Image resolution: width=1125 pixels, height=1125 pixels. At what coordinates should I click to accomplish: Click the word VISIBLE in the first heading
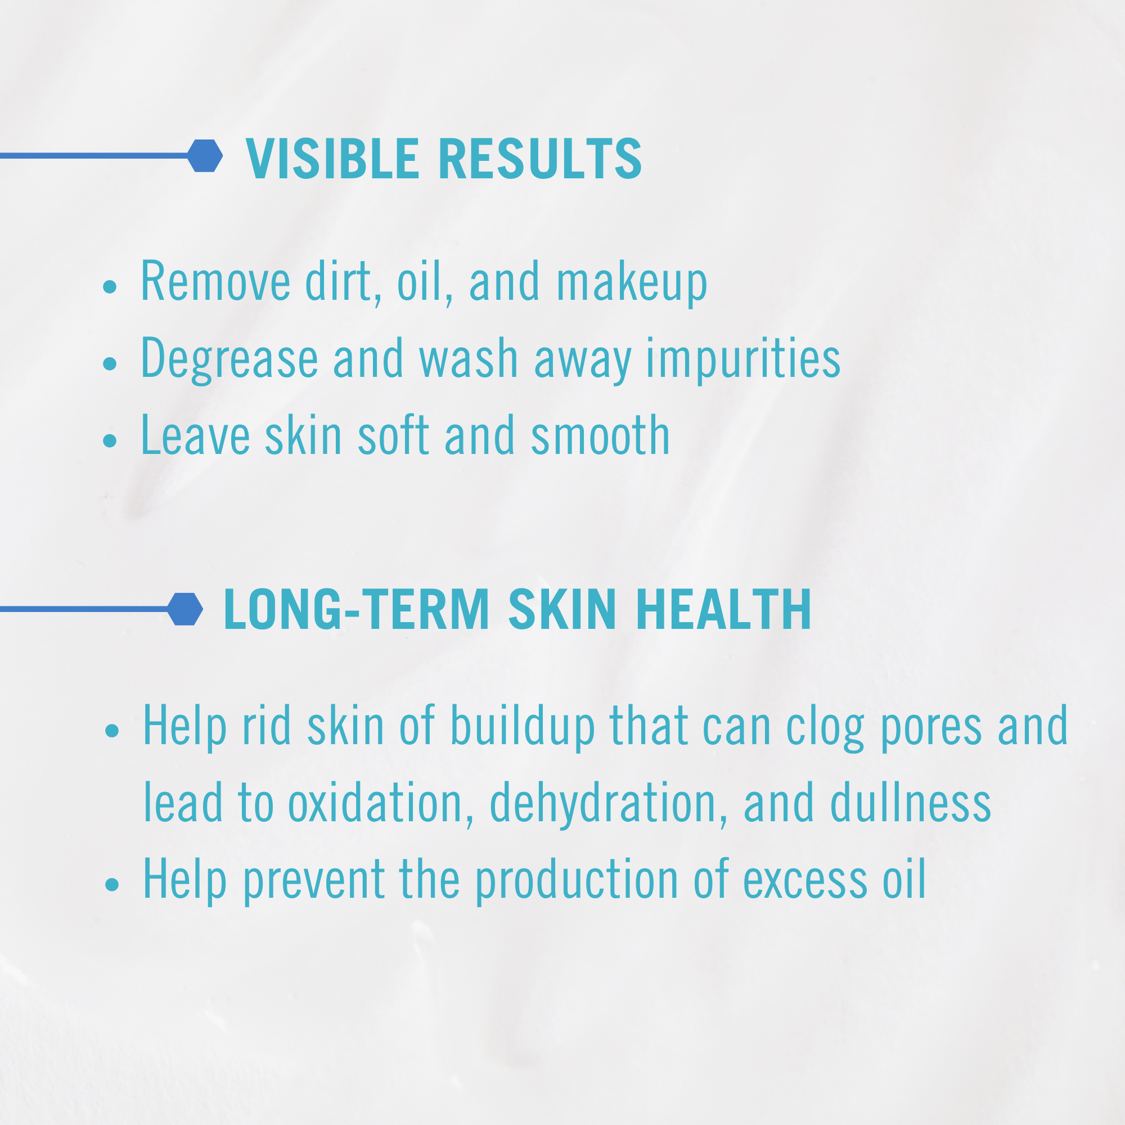pyautogui.click(x=332, y=159)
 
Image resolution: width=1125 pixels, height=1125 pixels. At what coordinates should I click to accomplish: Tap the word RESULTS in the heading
pyautogui.click(x=540, y=159)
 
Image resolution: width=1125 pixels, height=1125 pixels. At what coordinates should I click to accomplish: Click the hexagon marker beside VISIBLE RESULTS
pyautogui.click(x=205, y=155)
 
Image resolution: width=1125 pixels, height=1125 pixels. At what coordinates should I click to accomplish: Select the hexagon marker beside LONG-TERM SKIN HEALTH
pyautogui.click(x=185, y=609)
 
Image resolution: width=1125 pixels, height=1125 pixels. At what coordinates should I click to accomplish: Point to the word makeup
pyautogui.click(x=632, y=283)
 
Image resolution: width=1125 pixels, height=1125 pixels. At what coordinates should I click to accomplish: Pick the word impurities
pyautogui.click(x=743, y=359)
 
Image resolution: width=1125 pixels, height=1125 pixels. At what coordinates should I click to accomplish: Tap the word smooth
pyautogui.click(x=600, y=435)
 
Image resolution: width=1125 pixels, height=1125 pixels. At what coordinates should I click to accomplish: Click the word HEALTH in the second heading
pyautogui.click(x=723, y=609)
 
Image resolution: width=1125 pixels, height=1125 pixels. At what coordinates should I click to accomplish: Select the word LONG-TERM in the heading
pyautogui.click(x=357, y=609)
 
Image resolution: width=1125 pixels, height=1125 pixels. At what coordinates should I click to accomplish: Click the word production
pyautogui.click(x=577, y=880)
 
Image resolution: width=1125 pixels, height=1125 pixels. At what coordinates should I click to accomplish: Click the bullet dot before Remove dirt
pyautogui.click(x=110, y=286)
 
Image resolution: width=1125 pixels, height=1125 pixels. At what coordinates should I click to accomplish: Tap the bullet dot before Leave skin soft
pyautogui.click(x=110, y=440)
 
